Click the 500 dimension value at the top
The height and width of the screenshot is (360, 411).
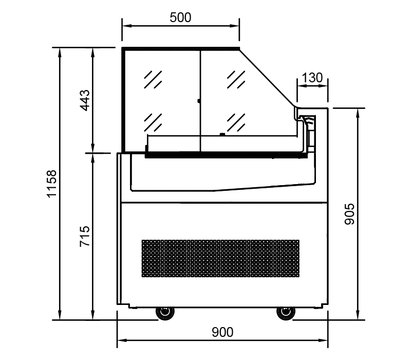pos(180,17)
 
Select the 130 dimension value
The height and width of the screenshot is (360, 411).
pos(312,78)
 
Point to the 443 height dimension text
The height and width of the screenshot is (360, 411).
pos(85,100)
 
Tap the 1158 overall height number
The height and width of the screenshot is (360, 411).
pos(52,184)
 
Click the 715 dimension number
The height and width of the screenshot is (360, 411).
pos(85,236)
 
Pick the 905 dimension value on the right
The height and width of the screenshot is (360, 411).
pos(349,214)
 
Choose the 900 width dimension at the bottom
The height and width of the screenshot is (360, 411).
pos(222,332)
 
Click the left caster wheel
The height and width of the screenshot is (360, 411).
pos(165,313)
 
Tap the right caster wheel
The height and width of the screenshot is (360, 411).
pos(286,313)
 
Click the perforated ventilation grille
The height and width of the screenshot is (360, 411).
pos(220,258)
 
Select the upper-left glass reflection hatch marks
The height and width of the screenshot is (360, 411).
pos(153,79)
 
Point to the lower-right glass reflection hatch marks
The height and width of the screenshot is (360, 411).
pos(236,122)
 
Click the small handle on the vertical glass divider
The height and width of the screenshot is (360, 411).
pos(199,101)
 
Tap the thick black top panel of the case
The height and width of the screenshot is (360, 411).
pos(181,48)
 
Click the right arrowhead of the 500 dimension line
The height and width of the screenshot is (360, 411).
pos(235,26)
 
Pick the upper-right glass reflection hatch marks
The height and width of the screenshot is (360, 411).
pos(236,79)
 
